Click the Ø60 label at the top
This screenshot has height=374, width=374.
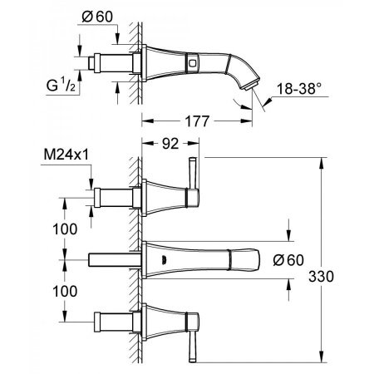[104, 17]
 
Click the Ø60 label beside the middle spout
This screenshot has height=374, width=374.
[303, 259]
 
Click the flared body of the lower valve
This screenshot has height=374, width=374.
[162, 319]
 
